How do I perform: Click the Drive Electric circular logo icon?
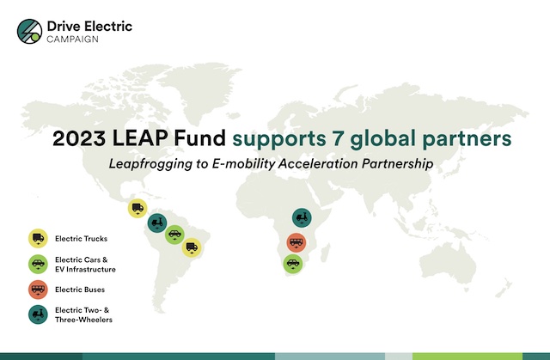29,31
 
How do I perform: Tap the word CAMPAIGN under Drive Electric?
72,40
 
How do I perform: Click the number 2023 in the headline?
79,138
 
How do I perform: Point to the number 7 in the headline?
338,138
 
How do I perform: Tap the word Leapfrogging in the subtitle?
150,164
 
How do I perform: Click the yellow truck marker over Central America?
137,208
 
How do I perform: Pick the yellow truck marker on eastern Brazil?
192,247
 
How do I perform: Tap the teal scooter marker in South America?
156,223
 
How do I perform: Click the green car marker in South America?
174,235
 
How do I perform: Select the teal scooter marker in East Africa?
302,217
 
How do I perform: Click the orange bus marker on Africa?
296,242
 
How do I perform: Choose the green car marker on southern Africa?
293,264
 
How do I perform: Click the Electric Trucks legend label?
81,239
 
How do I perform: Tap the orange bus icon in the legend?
38,290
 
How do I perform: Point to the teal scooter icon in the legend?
38,314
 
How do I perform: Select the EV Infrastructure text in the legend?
85,269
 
